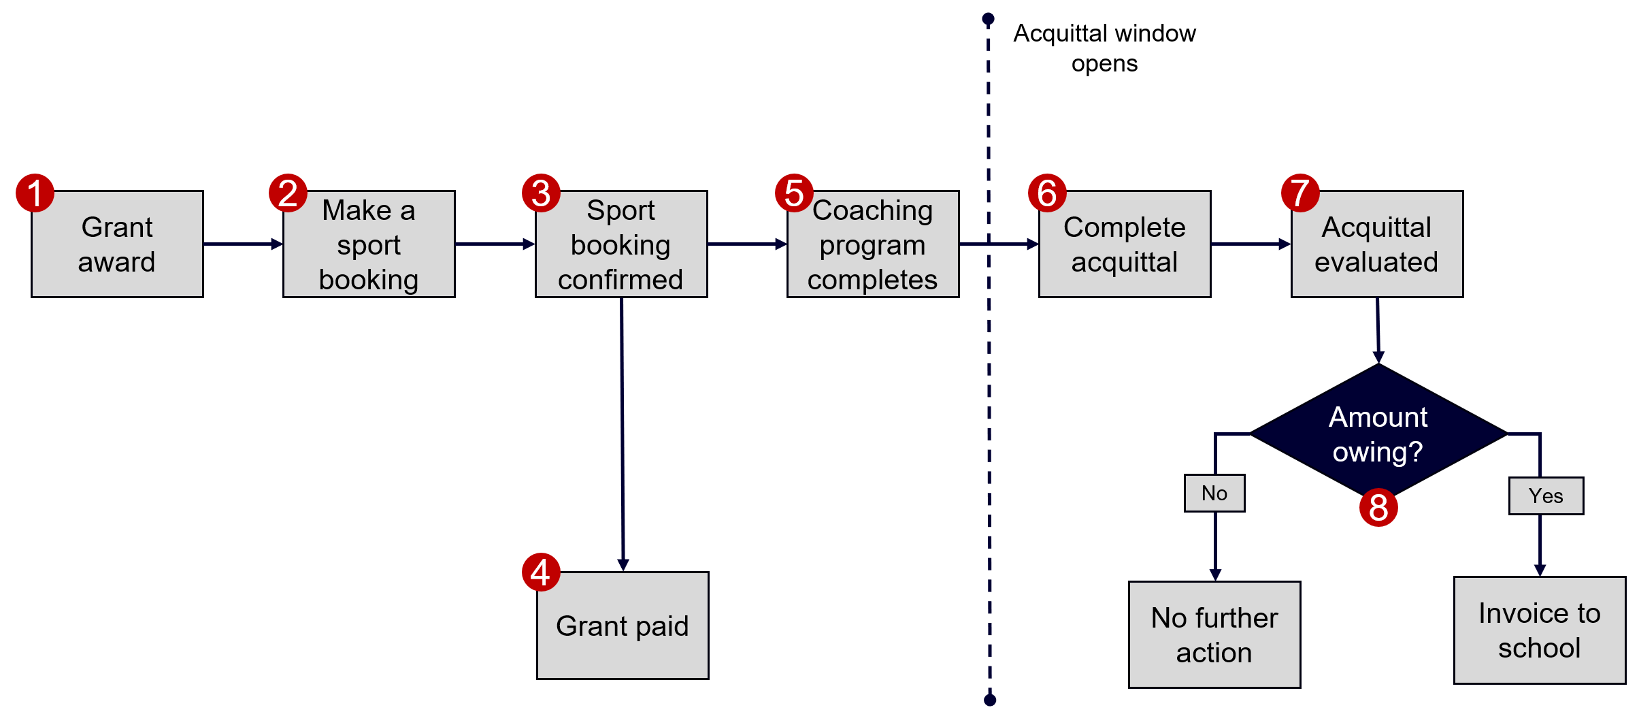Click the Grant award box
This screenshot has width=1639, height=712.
point(117,244)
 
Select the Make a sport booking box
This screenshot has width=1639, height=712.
point(369,244)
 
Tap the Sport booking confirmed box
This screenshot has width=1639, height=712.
point(621,244)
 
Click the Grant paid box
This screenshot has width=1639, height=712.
point(623,626)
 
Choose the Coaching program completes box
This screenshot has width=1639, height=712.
point(873,244)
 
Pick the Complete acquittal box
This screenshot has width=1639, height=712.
point(1125,244)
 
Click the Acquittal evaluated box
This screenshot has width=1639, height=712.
point(1377,244)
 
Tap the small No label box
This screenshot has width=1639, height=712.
point(1214,493)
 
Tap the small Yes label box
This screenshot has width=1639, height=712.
point(1546,496)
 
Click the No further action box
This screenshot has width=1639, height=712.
point(1214,635)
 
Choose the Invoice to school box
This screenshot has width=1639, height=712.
point(1540,630)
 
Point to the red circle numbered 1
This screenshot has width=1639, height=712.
point(35,193)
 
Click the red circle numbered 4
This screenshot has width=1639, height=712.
point(541,572)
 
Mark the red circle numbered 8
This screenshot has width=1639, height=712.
point(1378,508)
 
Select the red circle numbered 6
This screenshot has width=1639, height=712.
point(1047,193)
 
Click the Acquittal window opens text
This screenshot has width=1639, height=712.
point(1104,48)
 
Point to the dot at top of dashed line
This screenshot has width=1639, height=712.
point(989,18)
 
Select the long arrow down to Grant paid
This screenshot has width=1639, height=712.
point(622,436)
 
